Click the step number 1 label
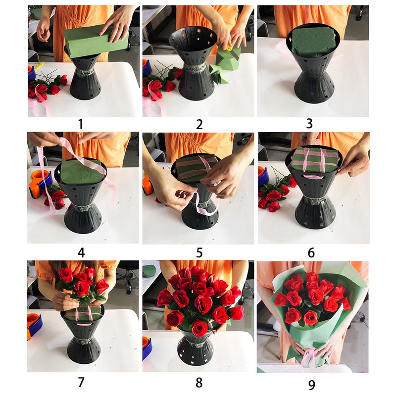pyautogui.click(x=81, y=124)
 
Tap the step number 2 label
pyautogui.click(x=199, y=125)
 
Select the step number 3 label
pyautogui.click(x=309, y=124)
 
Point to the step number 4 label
pyautogui.click(x=81, y=253)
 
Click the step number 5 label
pyautogui.click(x=199, y=253)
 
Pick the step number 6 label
pyautogui.click(x=311, y=253)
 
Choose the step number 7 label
pyautogui.click(x=81, y=382)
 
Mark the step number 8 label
pyautogui.click(x=199, y=383)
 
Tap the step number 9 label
pyautogui.click(x=312, y=385)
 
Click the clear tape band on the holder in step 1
pyautogui.click(x=85, y=72)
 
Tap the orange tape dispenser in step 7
pyautogui.click(x=34, y=326)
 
